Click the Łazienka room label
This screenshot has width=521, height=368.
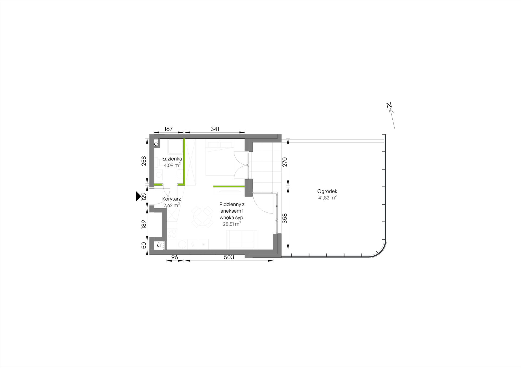(172, 159)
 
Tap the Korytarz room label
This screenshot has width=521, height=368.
(171, 199)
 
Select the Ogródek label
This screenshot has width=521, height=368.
(327, 192)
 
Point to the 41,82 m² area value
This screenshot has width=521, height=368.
(327, 198)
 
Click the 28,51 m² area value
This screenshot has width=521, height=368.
(232, 224)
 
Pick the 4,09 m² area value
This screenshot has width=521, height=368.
(172, 165)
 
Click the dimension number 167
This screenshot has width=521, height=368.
(168, 129)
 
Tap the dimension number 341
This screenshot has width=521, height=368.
(215, 129)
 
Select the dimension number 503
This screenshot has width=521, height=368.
(229, 257)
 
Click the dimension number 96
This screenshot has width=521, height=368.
(175, 257)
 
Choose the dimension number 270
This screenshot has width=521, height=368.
(285, 162)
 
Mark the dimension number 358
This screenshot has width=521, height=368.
(285, 218)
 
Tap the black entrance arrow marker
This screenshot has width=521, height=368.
(138, 196)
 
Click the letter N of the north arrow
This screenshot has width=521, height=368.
(389, 105)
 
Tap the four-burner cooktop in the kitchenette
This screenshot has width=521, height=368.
(172, 234)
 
